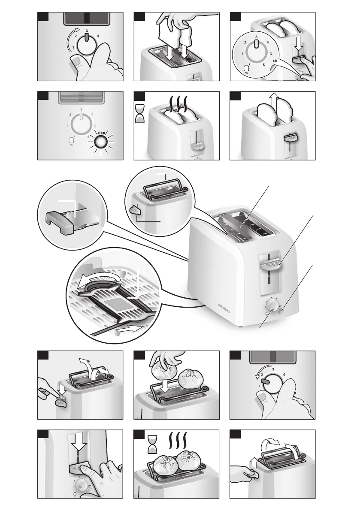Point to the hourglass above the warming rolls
click(x=152, y=443)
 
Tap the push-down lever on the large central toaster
click(x=270, y=261)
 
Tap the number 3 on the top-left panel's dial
click(x=87, y=30)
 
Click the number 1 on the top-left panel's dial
click(x=73, y=46)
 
